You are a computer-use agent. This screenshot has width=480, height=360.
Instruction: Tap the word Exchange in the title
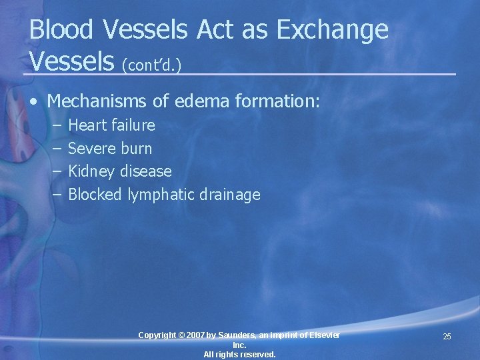(x=333, y=29)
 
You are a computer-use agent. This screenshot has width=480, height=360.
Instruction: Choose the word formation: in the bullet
(x=282, y=101)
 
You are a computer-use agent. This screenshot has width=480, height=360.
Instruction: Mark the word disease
(x=145, y=172)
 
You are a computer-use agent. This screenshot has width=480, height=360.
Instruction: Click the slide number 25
(x=447, y=337)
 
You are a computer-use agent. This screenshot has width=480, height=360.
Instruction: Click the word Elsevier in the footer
(x=322, y=335)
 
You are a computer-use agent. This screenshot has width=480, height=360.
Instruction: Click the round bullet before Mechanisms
(x=34, y=102)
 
